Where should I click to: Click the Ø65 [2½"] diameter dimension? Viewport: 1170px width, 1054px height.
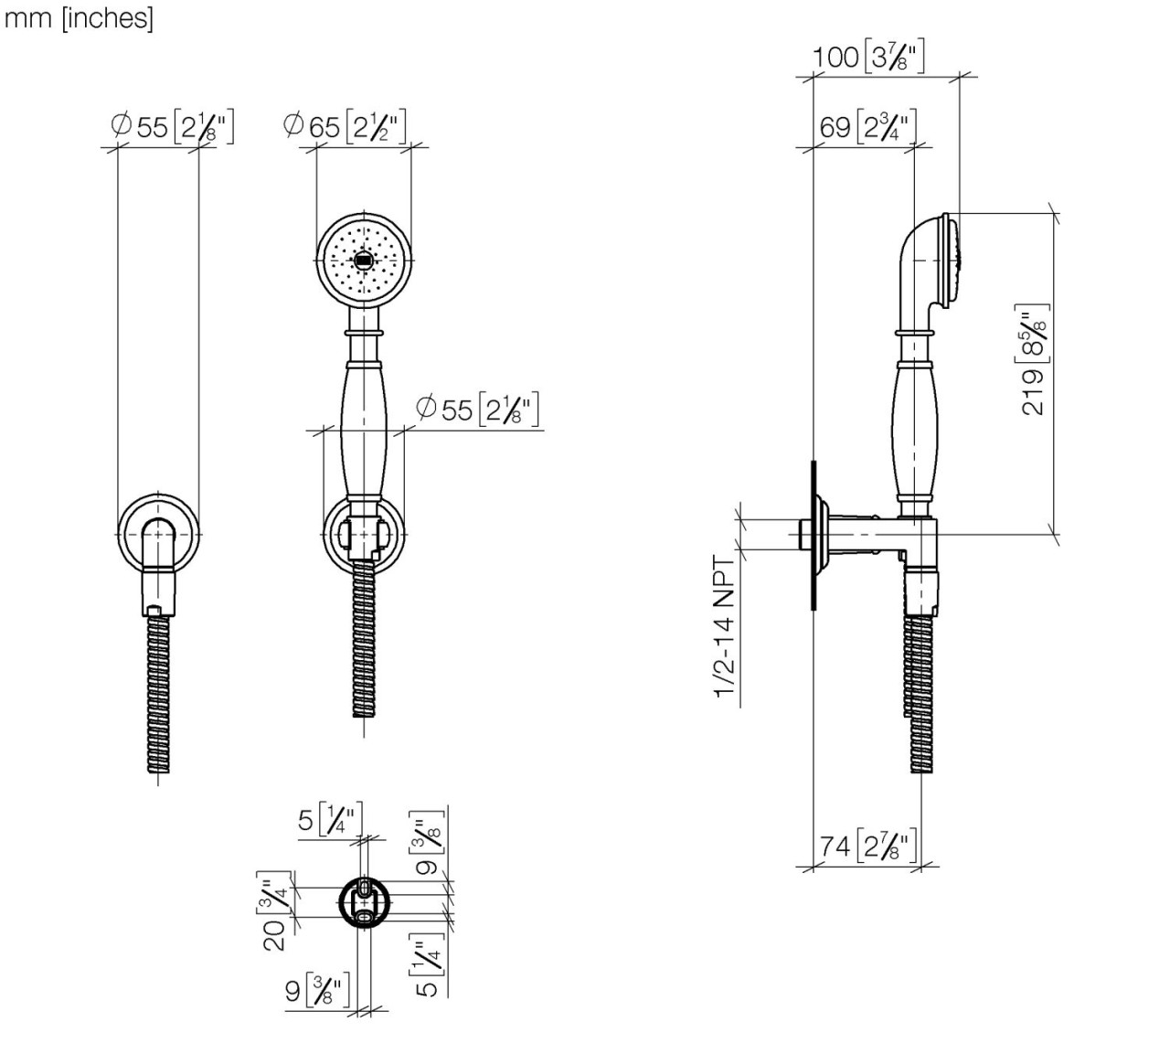point(345,125)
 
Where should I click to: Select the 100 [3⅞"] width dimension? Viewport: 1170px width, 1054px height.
point(868,58)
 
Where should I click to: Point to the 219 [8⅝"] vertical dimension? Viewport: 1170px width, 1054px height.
point(1034,361)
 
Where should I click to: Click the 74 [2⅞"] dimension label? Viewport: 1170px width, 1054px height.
point(866,846)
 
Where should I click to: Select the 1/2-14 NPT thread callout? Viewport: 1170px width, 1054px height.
point(725,626)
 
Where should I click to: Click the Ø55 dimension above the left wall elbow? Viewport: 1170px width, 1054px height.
point(172,126)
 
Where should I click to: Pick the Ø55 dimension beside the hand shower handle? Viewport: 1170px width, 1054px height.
point(477,409)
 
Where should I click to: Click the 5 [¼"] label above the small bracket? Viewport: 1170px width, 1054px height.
point(330,819)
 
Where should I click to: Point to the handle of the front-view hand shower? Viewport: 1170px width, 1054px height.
point(364,421)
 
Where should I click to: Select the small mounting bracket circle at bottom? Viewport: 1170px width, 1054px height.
point(364,903)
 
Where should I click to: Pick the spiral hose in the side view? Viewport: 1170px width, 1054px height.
point(920,695)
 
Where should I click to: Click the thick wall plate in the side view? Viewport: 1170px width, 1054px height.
point(812,535)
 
